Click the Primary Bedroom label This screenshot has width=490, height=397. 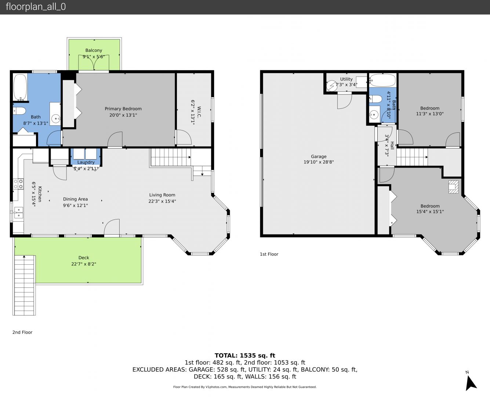click(x=123, y=109)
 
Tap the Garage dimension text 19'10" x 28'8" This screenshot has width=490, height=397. click(x=319, y=162)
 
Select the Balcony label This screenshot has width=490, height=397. click(x=94, y=50)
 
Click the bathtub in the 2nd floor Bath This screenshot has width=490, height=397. click(x=20, y=87)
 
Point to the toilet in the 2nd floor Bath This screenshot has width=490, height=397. click(x=19, y=111)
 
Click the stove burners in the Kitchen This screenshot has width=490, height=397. click(x=18, y=184)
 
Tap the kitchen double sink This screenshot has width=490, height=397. click(x=18, y=212)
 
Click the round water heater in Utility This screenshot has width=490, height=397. click(x=332, y=86)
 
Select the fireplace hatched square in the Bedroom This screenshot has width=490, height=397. click(x=453, y=187)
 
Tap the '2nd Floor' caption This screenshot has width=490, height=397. click(x=22, y=332)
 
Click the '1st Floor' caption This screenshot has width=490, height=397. click(x=269, y=254)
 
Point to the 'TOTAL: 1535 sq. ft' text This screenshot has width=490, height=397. click(x=245, y=355)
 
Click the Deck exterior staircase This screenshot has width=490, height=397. click(x=24, y=285)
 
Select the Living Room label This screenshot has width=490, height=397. click(x=162, y=195)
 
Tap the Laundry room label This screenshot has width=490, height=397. click(x=86, y=162)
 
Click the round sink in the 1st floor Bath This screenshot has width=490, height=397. click(x=374, y=115)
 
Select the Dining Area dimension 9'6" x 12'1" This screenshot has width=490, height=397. click(x=76, y=205)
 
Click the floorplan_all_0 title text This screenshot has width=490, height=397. click(x=36, y=7)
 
